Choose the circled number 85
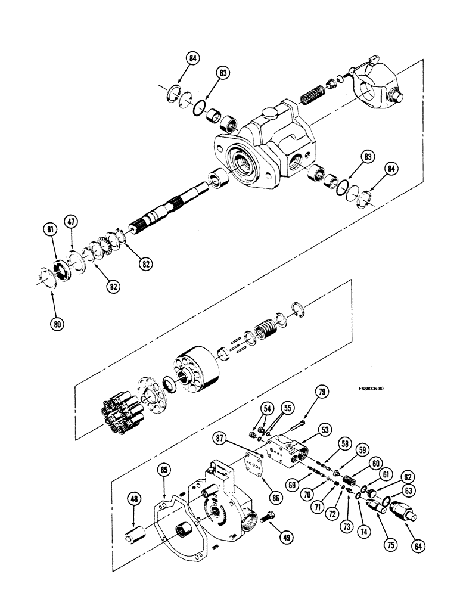click(x=164, y=471)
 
